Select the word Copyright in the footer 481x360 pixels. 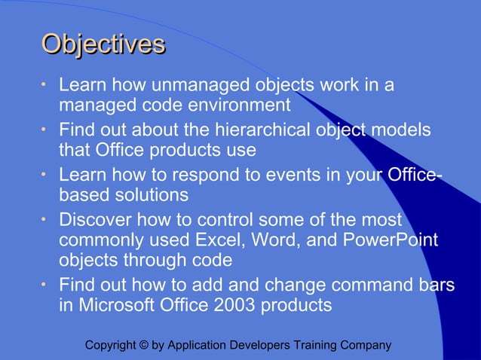[111, 346]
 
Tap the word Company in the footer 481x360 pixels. [367, 346]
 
